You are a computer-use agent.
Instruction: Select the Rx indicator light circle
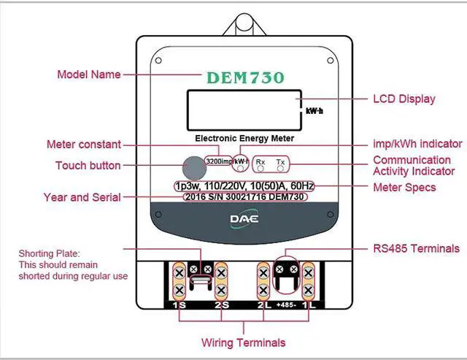(x=260, y=167)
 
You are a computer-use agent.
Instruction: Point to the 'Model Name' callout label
(x=89, y=74)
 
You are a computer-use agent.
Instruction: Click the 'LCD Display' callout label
(x=404, y=99)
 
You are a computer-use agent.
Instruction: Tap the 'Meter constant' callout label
(x=83, y=144)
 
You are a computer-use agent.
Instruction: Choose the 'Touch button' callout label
(x=88, y=166)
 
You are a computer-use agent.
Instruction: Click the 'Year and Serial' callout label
(x=82, y=197)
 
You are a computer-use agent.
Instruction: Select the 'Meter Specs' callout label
(x=404, y=188)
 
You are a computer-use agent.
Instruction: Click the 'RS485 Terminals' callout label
(x=416, y=248)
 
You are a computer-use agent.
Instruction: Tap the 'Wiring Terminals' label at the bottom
(x=244, y=342)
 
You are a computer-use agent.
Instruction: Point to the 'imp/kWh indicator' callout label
(x=417, y=143)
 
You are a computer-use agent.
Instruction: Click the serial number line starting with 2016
(x=245, y=197)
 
